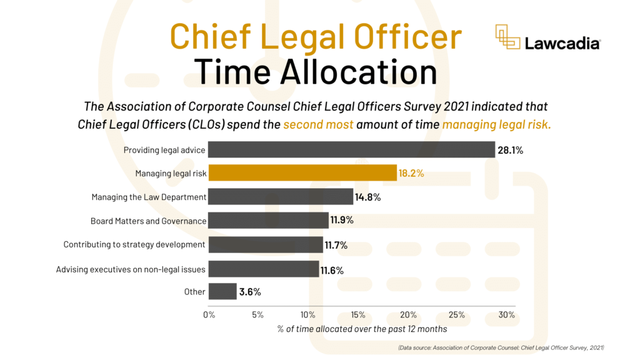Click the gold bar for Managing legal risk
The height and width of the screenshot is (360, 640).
coord(302,173)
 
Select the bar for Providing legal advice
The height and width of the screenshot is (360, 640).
coord(352,149)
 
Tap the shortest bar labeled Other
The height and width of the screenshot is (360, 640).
coord(222,292)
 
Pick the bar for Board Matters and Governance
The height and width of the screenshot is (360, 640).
coord(268,221)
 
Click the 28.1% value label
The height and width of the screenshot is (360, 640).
coord(510,150)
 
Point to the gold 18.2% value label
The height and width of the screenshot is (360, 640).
coord(411,173)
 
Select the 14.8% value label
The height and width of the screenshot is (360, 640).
coord(367,197)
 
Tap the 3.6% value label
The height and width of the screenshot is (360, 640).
coord(249,292)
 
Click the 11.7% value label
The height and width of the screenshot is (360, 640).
coord(336,245)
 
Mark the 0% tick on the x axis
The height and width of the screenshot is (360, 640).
coord(209,314)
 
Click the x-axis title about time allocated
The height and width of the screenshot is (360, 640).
coord(362,329)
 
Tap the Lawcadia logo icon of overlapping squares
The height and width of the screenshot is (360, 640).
coord(508,37)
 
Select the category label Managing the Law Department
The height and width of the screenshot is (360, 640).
coord(149,197)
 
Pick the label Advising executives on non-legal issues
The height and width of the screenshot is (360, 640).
coord(131,269)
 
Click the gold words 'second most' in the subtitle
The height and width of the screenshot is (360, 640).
coord(318,124)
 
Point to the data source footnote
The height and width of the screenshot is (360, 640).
coord(501,347)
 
